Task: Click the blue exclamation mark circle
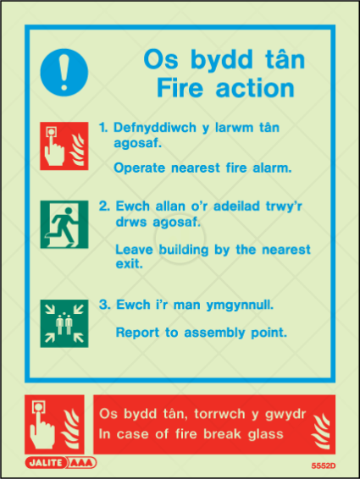64,73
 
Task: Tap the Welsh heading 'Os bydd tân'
224,59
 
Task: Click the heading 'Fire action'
225,88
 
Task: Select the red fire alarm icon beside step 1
64,146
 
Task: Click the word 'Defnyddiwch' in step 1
155,128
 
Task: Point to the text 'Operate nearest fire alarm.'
202,168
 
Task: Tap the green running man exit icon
64,224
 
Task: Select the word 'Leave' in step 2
134,250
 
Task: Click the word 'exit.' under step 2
129,264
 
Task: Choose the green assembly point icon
64,323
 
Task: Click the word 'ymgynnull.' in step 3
240,306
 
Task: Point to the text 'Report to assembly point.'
202,333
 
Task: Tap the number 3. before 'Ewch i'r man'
104,305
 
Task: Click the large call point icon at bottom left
54,424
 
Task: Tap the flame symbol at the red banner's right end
321,431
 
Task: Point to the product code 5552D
324,465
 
